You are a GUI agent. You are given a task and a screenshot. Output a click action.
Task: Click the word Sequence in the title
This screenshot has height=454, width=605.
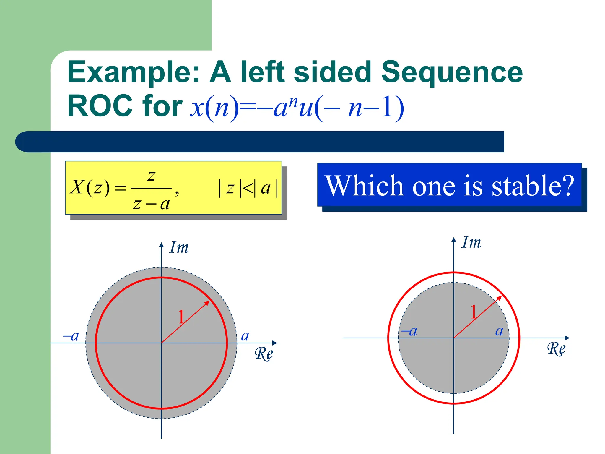tap(452, 72)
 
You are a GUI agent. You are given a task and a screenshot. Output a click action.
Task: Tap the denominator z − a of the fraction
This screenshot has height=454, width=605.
tap(151, 204)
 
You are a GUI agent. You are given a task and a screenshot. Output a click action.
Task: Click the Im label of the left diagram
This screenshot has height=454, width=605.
tap(179, 248)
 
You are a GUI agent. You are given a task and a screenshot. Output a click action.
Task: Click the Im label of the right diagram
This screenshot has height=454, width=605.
tap(471, 243)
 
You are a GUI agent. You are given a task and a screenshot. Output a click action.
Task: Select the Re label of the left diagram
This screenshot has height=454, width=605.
tap(264, 354)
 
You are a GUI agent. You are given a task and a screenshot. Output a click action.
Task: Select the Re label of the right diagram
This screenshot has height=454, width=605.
tap(556, 349)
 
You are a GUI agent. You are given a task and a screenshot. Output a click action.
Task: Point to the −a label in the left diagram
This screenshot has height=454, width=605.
tap(71, 336)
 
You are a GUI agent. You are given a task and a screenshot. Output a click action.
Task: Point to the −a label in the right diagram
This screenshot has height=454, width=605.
tap(409, 331)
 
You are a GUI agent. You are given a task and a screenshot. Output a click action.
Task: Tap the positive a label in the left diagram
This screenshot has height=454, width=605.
tap(245, 336)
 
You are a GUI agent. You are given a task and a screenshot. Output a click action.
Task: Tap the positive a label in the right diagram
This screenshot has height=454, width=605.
tap(499, 331)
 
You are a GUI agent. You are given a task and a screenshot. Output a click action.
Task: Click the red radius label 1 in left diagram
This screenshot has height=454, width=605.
tap(181, 317)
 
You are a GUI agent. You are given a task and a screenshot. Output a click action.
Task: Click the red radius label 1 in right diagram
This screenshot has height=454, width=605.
tap(474, 312)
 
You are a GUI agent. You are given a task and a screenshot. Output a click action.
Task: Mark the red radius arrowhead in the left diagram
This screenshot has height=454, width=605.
tap(208, 303)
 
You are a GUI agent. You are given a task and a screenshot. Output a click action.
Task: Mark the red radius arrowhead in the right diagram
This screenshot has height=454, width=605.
tap(500, 298)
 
